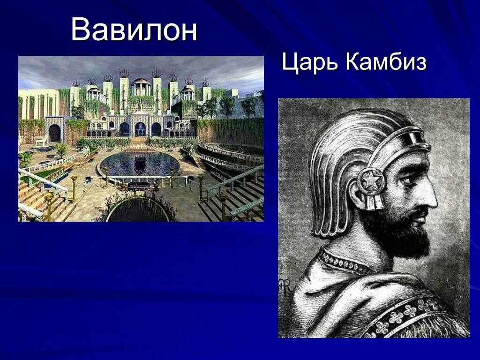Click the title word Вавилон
pyautogui.click(x=134, y=30)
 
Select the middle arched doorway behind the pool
pyautogui.click(x=140, y=129)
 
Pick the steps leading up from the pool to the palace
pyautogui.click(x=139, y=140)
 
